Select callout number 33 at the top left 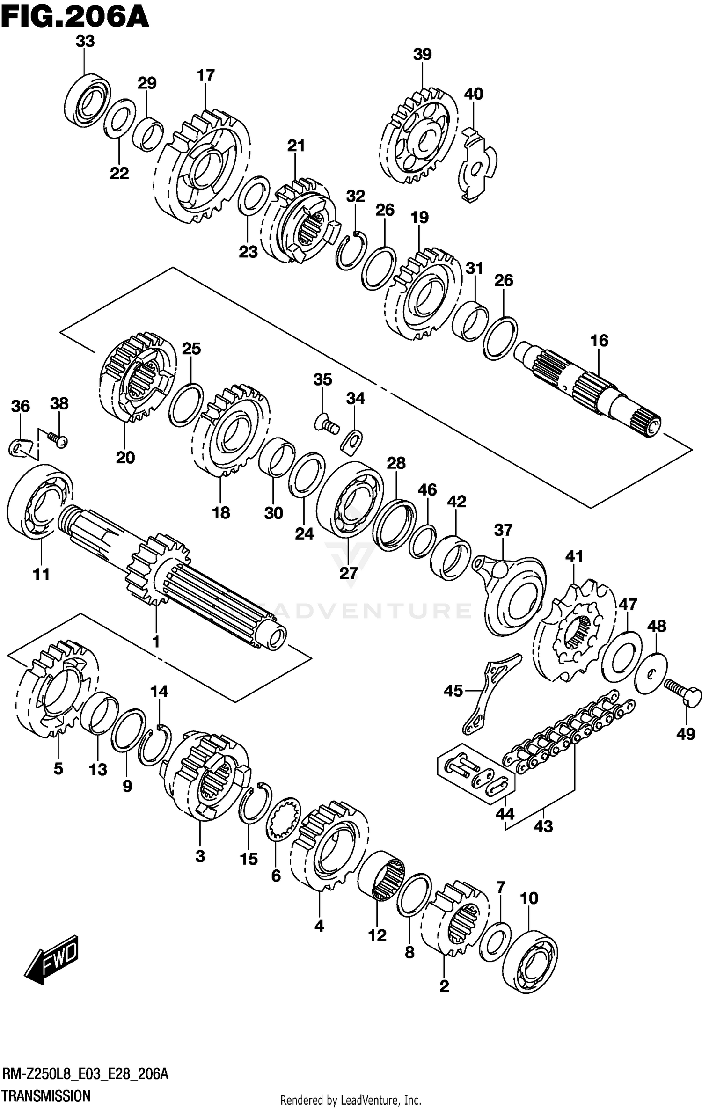[85, 41]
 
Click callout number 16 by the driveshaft [599, 341]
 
